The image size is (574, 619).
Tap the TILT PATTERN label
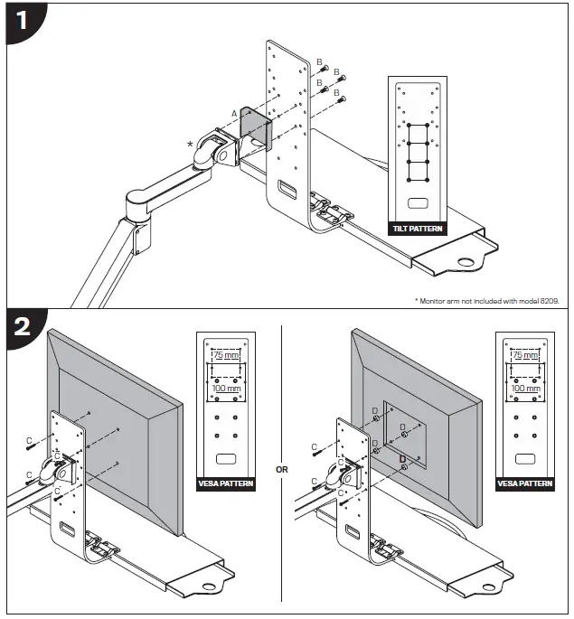tap(417, 229)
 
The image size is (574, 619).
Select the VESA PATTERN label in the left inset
tap(226, 483)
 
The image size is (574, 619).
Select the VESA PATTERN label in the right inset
tap(525, 483)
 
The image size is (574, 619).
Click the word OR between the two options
tap(281, 469)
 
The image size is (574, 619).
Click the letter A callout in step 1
tap(234, 112)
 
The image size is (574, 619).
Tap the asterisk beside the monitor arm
tap(191, 144)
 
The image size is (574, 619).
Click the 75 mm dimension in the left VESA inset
tap(225, 356)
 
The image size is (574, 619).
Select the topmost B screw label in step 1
tap(319, 61)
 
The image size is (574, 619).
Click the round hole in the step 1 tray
tap(467, 264)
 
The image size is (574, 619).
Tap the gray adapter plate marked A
tap(255, 127)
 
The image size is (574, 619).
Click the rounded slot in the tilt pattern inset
tap(417, 204)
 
